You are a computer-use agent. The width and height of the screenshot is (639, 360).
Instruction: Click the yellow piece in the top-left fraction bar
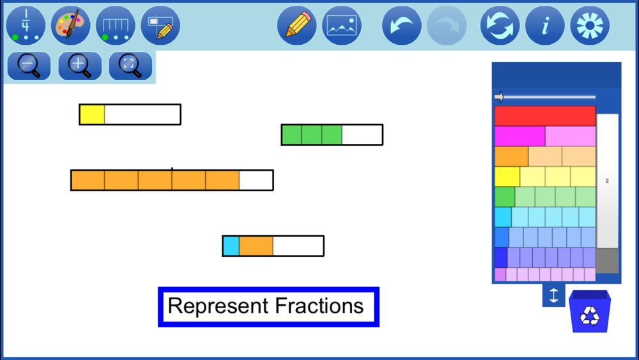[x=92, y=114]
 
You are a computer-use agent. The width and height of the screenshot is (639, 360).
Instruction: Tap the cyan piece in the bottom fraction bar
[x=231, y=246]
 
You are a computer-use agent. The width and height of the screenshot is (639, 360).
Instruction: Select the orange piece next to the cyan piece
[x=256, y=246]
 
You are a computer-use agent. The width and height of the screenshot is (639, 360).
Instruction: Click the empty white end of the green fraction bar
[x=362, y=134]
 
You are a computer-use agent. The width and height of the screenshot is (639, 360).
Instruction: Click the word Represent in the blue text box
[x=219, y=306]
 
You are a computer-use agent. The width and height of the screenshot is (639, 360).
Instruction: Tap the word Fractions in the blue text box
[x=319, y=306]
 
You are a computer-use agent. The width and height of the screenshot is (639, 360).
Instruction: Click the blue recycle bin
[x=590, y=311]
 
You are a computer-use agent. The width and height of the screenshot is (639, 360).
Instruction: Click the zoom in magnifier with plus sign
[x=80, y=66]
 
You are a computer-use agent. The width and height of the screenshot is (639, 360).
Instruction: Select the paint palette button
[x=70, y=26]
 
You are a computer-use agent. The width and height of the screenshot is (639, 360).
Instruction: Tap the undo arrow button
[x=402, y=26]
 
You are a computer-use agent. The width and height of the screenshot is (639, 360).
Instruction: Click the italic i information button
[x=545, y=26]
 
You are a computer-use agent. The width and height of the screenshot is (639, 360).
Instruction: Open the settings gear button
[x=590, y=26]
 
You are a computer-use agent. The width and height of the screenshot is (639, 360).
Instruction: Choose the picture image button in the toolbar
[x=341, y=26]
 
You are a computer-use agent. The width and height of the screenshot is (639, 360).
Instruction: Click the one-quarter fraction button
[x=26, y=26]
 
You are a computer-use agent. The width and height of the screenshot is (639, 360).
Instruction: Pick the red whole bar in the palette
[x=545, y=116]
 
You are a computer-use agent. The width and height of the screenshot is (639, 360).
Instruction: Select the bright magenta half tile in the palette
[x=520, y=136]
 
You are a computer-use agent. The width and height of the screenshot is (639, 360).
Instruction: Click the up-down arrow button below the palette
[x=553, y=295]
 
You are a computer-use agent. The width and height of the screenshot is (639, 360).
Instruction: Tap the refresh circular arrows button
[x=500, y=26]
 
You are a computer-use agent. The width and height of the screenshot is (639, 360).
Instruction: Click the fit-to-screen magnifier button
[x=130, y=66]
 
